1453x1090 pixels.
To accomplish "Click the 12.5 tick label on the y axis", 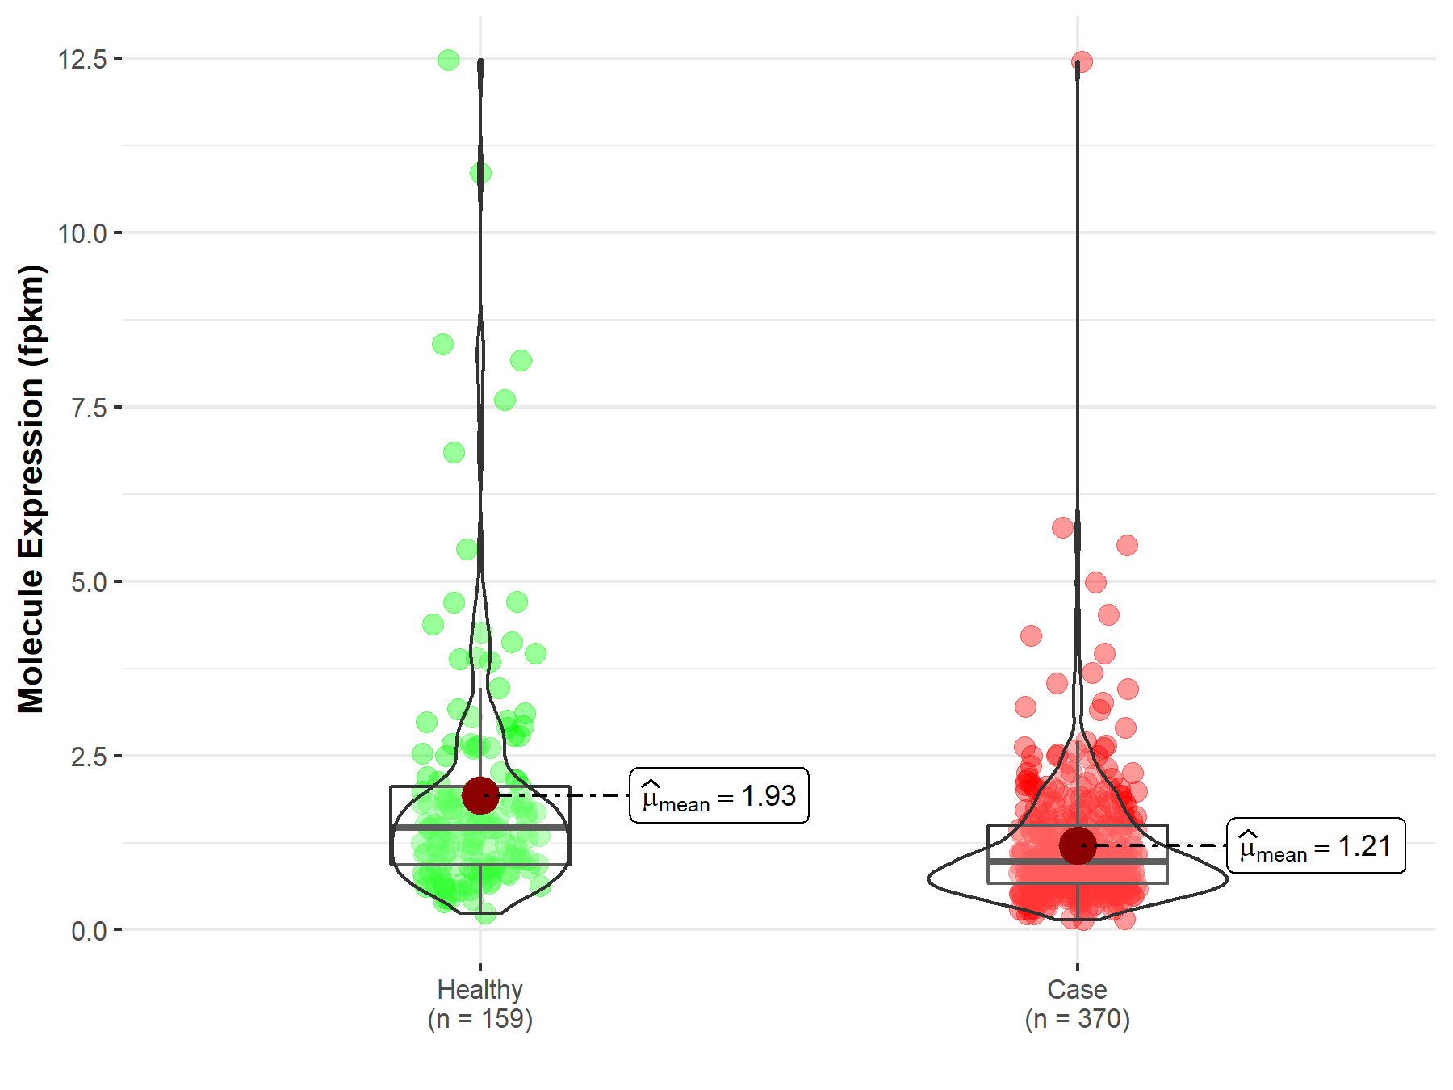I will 82,59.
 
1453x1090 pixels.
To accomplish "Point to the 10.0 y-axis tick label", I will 82,233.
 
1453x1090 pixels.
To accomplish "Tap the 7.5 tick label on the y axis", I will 89,408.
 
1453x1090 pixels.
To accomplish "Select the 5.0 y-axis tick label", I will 89,582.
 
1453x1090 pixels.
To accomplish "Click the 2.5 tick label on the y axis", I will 89,757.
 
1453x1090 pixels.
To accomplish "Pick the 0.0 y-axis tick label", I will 89,931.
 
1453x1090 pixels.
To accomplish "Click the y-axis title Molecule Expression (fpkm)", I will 31,488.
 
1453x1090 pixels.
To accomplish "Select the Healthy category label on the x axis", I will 479,989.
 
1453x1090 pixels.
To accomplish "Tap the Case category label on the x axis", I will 1077,989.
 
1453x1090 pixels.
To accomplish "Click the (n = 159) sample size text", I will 479,1019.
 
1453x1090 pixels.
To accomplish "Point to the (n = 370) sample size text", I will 1077,1019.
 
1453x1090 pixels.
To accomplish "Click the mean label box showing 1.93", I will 718,796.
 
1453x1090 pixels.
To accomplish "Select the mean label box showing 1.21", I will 1316,846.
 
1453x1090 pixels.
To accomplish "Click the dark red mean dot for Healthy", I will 480,795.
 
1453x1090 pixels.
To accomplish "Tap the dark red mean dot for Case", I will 1078,845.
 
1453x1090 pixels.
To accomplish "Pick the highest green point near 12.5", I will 448,60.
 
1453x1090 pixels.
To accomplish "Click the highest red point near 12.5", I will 1082,61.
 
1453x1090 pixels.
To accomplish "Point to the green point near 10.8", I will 480,173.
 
